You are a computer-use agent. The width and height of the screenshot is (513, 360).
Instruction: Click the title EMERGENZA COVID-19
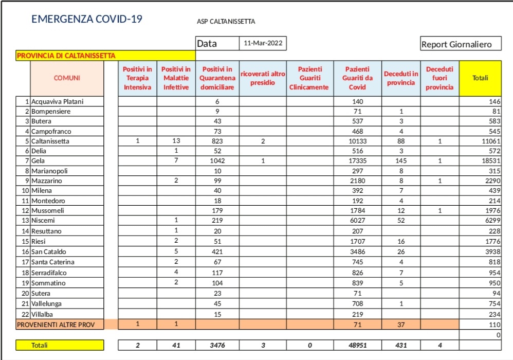click(87, 20)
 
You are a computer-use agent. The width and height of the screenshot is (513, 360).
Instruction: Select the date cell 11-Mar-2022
click(263, 44)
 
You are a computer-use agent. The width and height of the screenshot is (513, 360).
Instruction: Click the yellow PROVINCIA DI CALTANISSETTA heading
click(66, 56)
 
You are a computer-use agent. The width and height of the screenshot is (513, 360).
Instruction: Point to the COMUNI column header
click(67, 78)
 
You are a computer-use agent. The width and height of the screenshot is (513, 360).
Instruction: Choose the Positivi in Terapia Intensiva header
click(137, 78)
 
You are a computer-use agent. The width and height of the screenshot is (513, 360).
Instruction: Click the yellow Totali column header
click(480, 78)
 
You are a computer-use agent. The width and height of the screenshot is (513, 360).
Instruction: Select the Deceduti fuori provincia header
click(439, 78)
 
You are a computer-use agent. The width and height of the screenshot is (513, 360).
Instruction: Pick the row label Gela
click(38, 161)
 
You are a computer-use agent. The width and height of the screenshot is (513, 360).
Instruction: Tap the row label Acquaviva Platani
click(57, 102)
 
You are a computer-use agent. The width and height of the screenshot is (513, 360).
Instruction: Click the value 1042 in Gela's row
click(217, 161)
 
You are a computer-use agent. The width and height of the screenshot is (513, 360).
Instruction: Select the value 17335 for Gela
click(357, 161)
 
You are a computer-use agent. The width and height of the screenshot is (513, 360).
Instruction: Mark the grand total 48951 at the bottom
click(357, 345)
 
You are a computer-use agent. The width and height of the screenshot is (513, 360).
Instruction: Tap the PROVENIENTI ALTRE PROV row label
click(60, 325)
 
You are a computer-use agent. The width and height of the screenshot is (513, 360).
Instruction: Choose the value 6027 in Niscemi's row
click(357, 221)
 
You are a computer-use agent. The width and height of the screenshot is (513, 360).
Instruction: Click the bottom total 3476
click(217, 345)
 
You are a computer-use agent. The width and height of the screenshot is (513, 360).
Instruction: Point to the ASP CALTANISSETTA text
click(226, 22)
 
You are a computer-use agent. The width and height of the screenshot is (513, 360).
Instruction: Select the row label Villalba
click(42, 314)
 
